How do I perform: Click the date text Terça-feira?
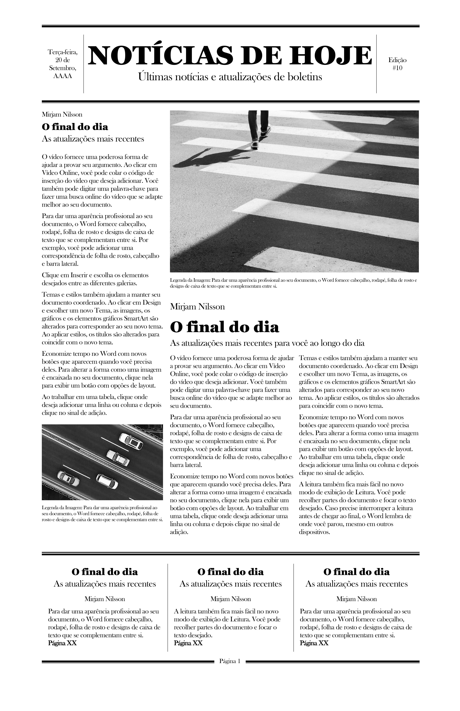[x=63, y=52]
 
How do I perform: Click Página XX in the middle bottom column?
[x=188, y=643]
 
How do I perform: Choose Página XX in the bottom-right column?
[x=314, y=643]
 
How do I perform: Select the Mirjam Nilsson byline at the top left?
[x=62, y=114]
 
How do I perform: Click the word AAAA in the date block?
[x=63, y=76]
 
